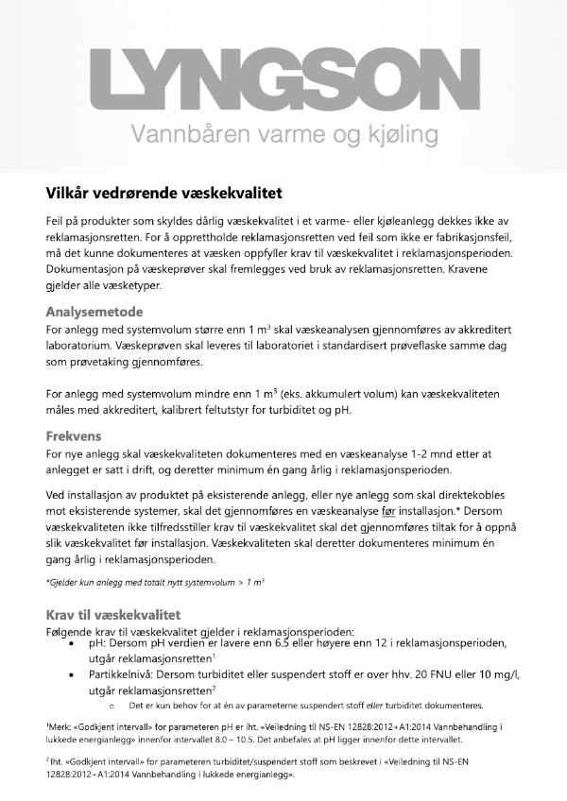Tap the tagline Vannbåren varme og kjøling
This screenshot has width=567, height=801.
click(x=283, y=133)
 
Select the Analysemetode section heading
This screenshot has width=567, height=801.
click(x=94, y=311)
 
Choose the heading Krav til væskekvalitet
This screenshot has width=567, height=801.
click(x=112, y=614)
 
